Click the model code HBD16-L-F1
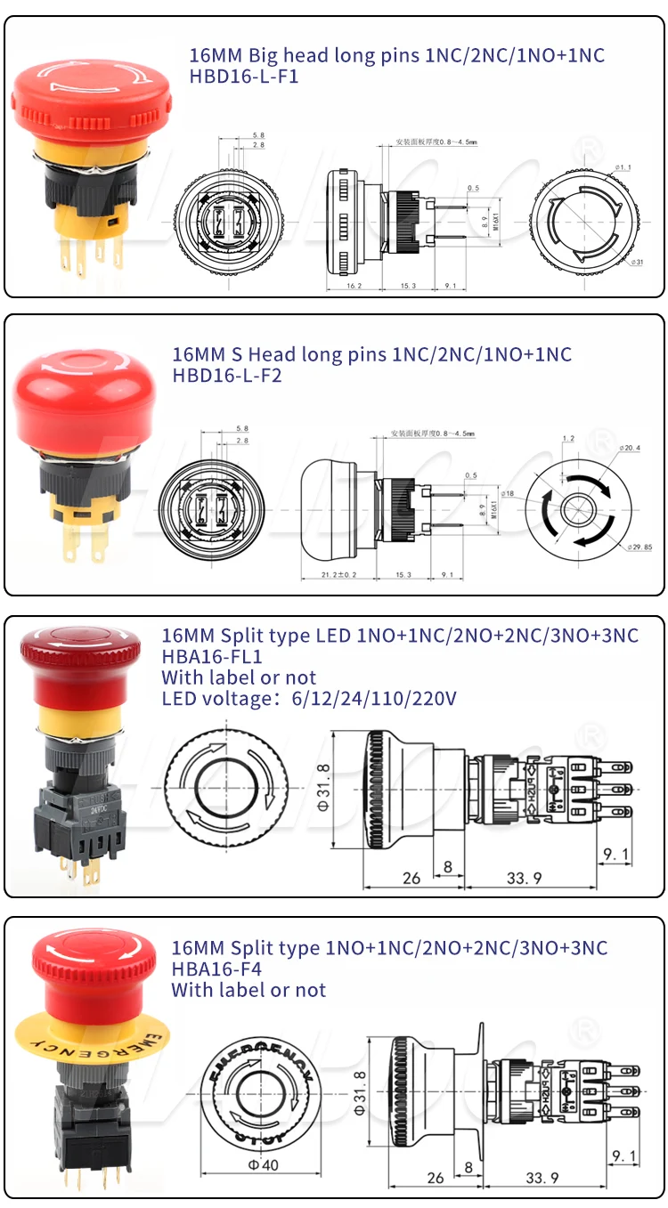pos(243,77)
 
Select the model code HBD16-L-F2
pos(226,376)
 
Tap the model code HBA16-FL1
pos(211,657)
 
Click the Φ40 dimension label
pos(265,1164)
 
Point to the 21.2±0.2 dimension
pos(338,574)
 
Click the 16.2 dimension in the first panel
pos(353,286)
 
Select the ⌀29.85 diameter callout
pos(639,547)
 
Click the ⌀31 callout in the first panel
pos(637,262)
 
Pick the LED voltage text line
pos(309,699)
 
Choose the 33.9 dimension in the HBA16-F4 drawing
pos(542,1178)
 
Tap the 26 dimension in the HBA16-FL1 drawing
pos(411,878)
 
